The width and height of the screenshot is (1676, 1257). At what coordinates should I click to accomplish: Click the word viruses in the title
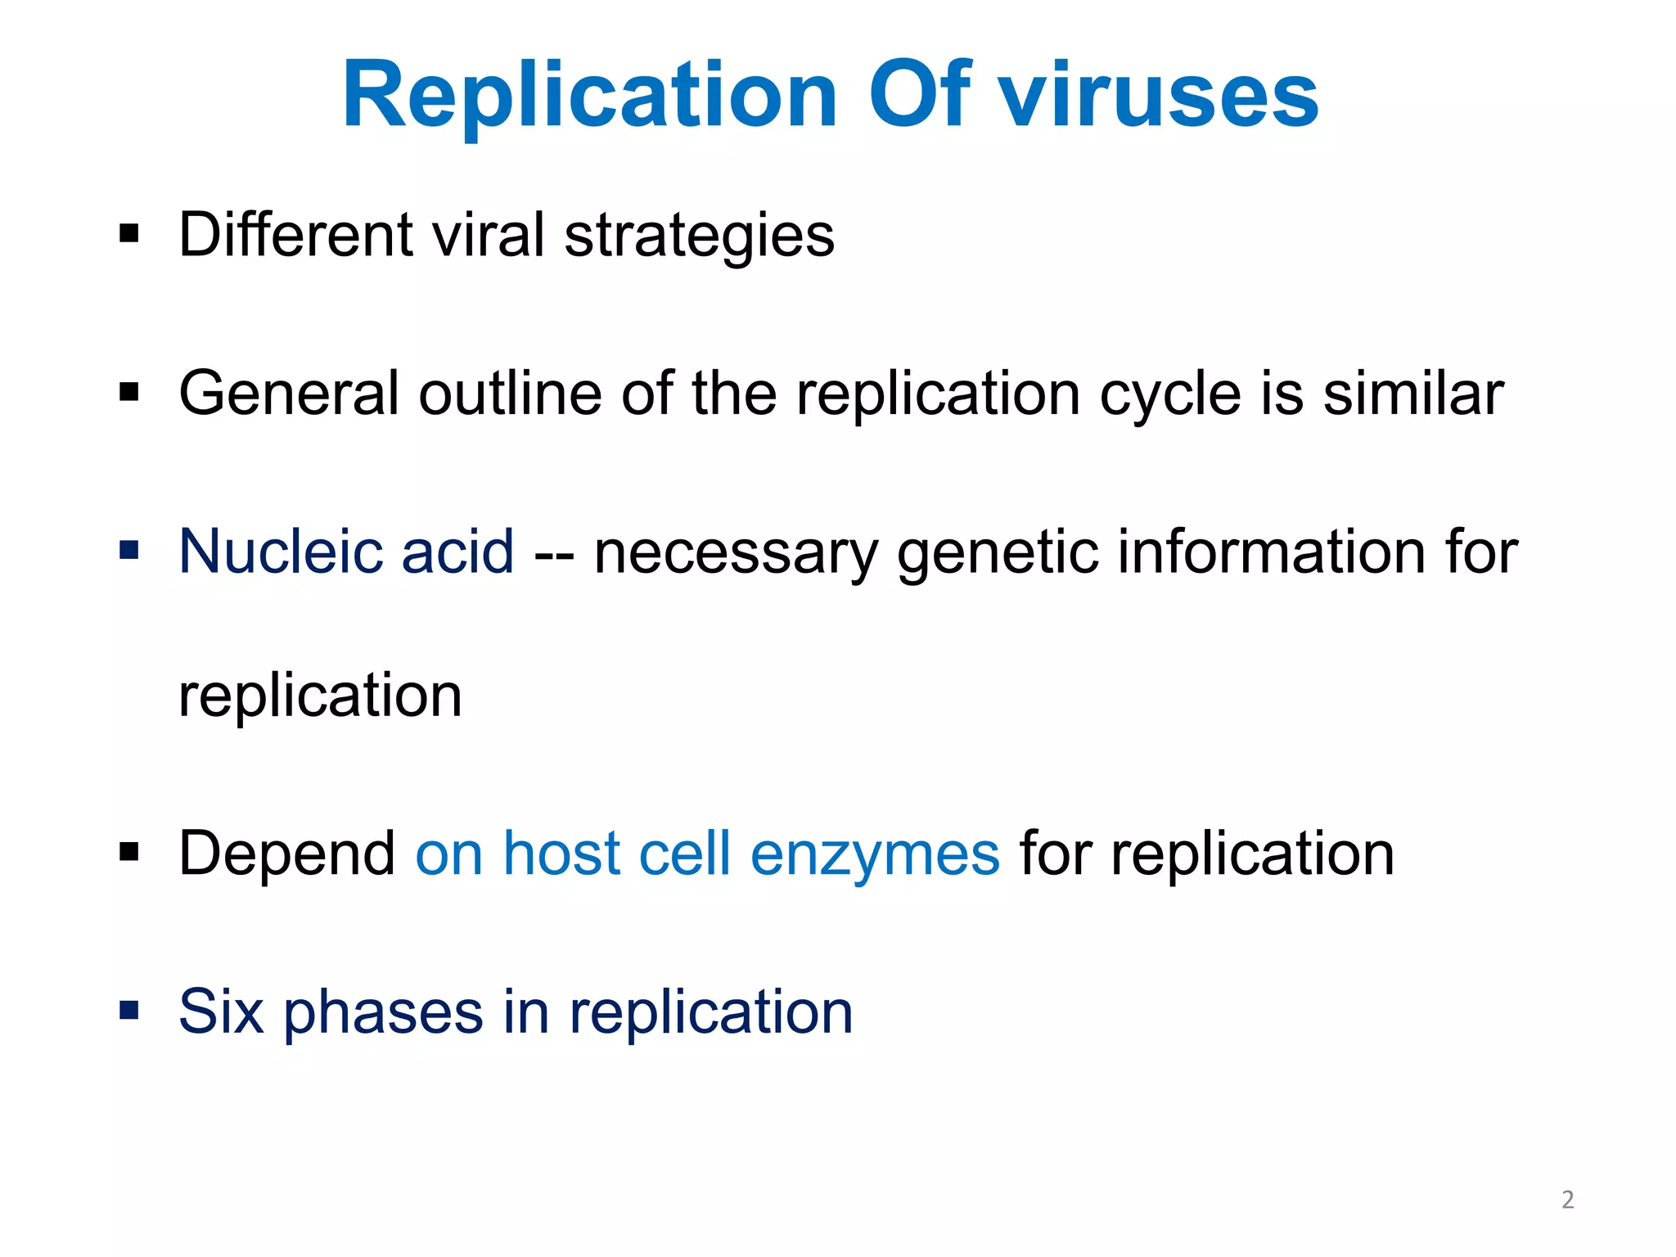click(x=1160, y=97)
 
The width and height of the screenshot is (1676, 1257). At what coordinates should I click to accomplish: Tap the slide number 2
click(x=1567, y=1200)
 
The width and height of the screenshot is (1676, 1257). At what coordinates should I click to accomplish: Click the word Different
click(x=295, y=235)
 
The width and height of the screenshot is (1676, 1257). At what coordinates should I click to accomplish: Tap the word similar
click(x=1413, y=394)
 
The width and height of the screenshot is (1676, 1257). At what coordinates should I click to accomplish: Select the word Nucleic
click(x=279, y=552)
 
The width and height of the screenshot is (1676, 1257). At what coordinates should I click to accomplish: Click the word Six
click(x=221, y=1012)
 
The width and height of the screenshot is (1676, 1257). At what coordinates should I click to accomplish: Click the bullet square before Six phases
click(x=129, y=1010)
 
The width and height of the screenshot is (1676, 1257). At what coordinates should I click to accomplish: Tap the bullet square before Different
click(x=129, y=234)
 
